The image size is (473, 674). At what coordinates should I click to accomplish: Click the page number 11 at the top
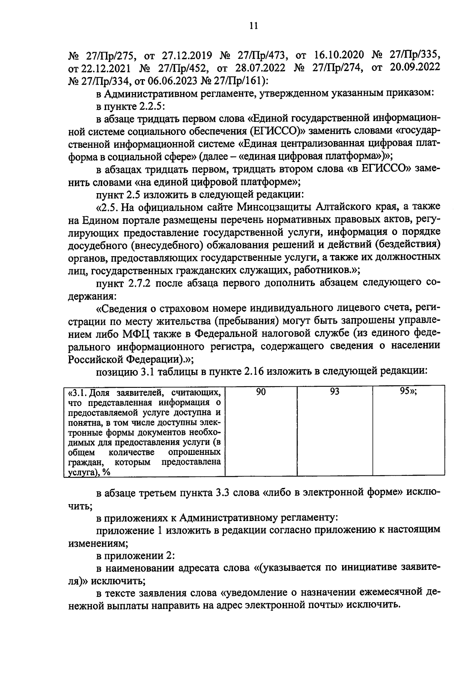[x=253, y=26]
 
